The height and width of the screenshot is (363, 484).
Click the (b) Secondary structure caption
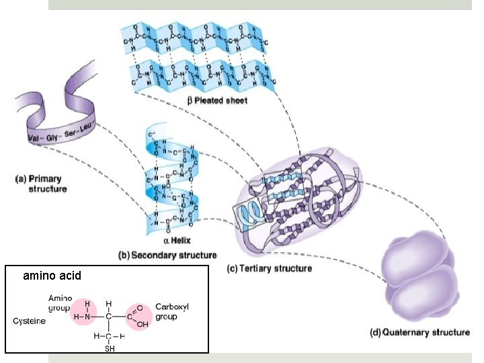pyautogui.click(x=167, y=255)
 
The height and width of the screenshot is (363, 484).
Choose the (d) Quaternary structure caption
pyautogui.click(x=420, y=332)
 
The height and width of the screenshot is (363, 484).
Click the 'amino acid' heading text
pyautogui.click(x=52, y=276)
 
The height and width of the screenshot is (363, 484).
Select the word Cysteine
pyautogui.click(x=30, y=321)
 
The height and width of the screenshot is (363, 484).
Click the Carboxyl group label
pyautogui.click(x=171, y=310)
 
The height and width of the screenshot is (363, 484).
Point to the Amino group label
pyautogui.click(x=59, y=303)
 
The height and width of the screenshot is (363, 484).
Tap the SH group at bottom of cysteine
pyautogui.click(x=108, y=348)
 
